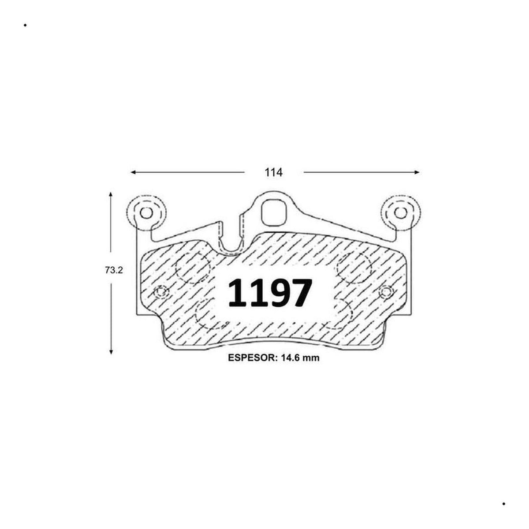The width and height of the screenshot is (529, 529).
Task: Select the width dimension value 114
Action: pos(274,172)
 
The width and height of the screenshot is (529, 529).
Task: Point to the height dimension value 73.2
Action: pos(114,270)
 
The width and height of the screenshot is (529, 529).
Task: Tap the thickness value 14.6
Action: pos(289,358)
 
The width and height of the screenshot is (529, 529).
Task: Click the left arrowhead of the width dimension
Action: pos(134,172)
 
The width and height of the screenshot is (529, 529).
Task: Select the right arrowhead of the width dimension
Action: pos(416,172)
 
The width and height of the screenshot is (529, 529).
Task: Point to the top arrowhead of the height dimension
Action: pos(111,195)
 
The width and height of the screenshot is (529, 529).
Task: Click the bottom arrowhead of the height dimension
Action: pos(111,351)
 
